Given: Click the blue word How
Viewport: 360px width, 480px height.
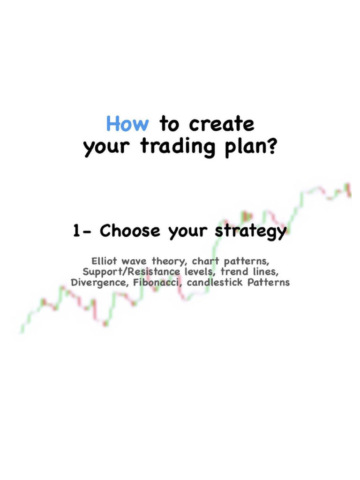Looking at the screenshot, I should pos(127,124).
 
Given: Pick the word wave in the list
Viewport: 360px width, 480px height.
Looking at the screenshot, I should pos(136,261).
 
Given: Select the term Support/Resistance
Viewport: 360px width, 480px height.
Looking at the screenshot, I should pos(131,272).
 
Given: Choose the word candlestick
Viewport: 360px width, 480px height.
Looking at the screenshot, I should pos(217,283).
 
